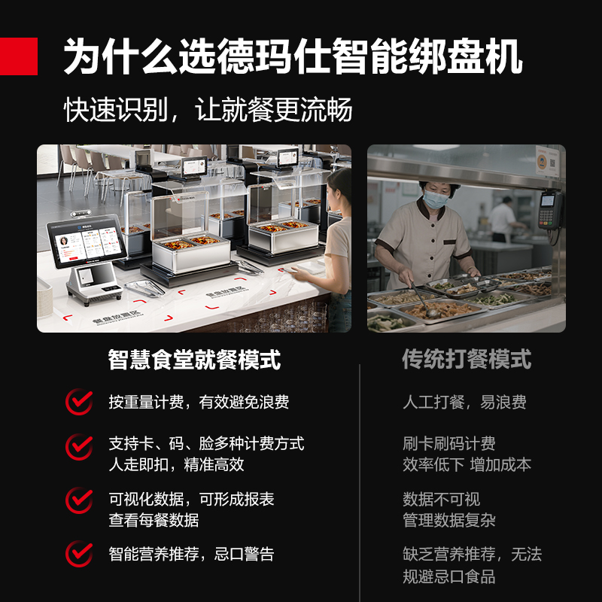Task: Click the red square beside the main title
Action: tap(18, 56)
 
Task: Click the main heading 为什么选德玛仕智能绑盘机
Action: tap(293, 56)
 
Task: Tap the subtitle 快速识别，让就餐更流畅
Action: tap(208, 110)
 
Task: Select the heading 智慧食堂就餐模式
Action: tap(194, 360)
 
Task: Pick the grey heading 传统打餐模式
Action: tap(467, 360)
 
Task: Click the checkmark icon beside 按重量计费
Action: tap(79, 402)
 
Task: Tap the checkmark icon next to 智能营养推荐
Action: tap(79, 554)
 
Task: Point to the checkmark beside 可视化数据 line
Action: tap(79, 500)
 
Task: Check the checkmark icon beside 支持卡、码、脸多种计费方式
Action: tap(79, 447)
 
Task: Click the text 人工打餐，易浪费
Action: tap(464, 403)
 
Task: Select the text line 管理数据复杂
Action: tap(449, 521)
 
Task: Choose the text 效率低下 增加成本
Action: tap(467, 464)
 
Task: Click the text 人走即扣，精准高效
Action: tap(176, 464)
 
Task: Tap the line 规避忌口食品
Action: tap(449, 576)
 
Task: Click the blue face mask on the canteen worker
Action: tap(435, 199)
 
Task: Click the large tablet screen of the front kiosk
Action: tap(87, 242)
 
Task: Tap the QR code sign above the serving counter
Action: tap(548, 161)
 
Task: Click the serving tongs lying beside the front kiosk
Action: tap(144, 288)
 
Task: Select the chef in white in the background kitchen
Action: tap(503, 219)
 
